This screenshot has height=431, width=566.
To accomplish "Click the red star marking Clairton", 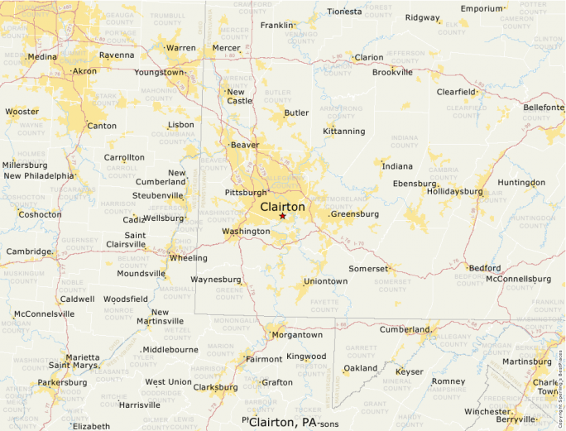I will [x=282, y=216].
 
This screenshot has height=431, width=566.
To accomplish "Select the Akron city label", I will [x=84, y=71].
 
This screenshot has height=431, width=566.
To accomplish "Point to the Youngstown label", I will [x=160, y=72].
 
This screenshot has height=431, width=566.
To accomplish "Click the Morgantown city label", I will [x=297, y=335].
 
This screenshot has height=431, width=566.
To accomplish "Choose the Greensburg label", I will [x=354, y=214].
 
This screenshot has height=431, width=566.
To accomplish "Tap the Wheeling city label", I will [x=189, y=258].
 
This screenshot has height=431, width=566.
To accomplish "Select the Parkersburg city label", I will [x=62, y=383].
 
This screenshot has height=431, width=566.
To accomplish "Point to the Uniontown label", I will [x=325, y=281].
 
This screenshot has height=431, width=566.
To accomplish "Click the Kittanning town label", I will [x=343, y=132].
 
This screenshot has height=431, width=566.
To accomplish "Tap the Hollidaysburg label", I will [x=454, y=191].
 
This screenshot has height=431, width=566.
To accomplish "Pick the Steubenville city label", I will [x=158, y=195].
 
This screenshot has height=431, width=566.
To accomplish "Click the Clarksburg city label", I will [x=215, y=386].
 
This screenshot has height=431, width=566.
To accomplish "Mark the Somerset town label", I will [x=367, y=269].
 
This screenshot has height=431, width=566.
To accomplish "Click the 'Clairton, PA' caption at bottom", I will [x=283, y=422].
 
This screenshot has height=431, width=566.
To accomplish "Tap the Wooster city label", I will [x=22, y=112].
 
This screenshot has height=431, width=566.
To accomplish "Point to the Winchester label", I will [x=487, y=411].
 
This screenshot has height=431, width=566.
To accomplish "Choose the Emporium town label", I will [x=482, y=8].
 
